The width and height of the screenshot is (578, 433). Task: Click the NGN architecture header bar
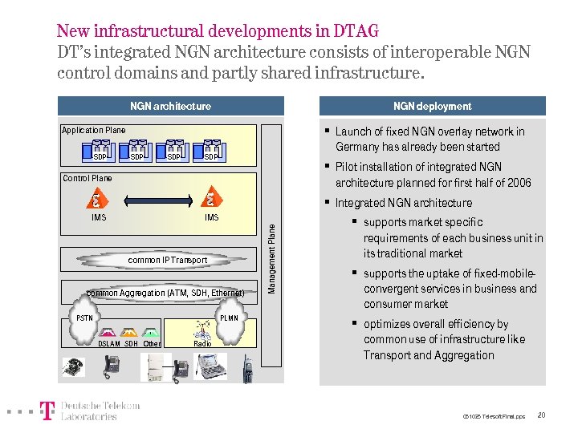(171, 106)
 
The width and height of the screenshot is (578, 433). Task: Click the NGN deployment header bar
(432, 106)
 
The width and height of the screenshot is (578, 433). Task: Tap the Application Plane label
(94, 130)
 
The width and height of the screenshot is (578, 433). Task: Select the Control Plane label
(88, 178)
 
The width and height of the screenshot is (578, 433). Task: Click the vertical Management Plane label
(272, 257)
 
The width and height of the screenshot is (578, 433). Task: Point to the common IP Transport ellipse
(168, 260)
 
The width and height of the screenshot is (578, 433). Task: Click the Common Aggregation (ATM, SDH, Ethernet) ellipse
(165, 293)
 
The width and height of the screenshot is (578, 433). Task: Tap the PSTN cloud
(85, 318)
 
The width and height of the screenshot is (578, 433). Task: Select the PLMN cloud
(228, 318)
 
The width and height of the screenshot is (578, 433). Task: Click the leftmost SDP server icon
(100, 148)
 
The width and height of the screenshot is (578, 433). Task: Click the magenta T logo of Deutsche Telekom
(48, 411)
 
